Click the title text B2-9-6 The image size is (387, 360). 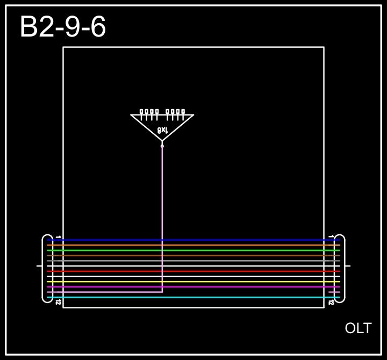(x=63, y=27)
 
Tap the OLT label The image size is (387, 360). (x=358, y=328)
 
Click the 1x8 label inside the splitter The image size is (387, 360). (x=162, y=130)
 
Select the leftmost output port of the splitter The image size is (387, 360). (x=141, y=112)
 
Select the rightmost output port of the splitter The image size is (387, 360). (x=183, y=112)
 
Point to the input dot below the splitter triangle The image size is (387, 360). (x=162, y=146)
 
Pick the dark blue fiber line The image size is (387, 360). (x=193, y=240)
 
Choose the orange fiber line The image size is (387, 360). (x=193, y=245)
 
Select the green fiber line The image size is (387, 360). (x=193, y=250)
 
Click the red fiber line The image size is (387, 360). (x=193, y=271)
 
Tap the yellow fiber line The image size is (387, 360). (x=193, y=282)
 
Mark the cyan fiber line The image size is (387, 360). (x=193, y=297)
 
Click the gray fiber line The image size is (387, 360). (x=193, y=261)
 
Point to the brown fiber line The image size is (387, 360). (x=193, y=255)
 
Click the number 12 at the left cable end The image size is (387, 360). (x=58, y=303)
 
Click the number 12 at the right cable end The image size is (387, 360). (x=331, y=303)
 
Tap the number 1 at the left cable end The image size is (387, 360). (x=58, y=236)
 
